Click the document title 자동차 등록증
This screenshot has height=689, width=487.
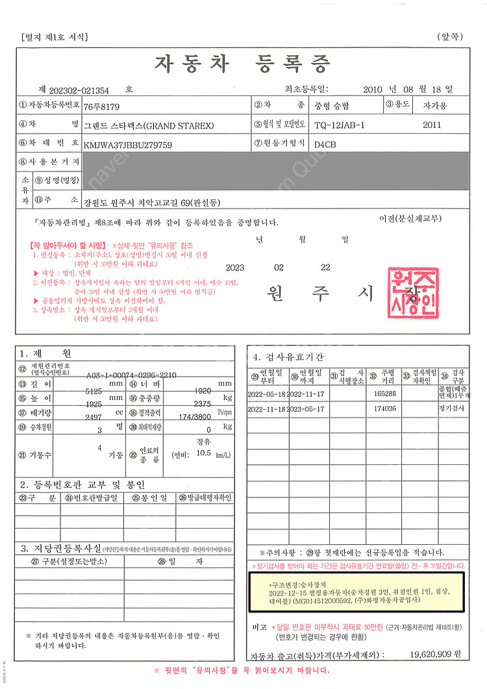242,63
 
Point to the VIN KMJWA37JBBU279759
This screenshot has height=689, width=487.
128,145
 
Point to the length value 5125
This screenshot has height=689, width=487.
97,391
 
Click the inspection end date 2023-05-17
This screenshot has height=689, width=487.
305,409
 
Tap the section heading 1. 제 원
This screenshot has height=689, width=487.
45,353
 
